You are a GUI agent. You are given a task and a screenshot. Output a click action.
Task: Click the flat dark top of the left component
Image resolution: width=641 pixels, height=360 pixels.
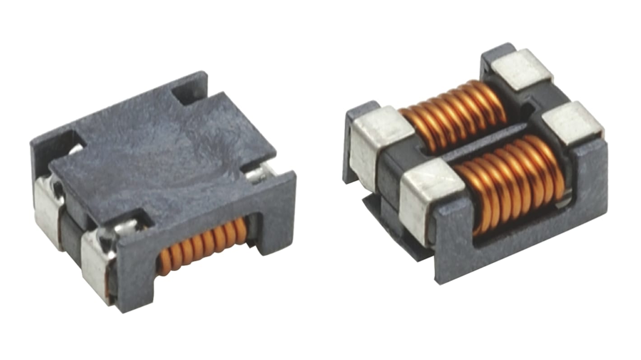[x=158, y=153]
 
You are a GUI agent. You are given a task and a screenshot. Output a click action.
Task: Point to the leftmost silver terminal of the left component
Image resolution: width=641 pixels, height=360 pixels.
[x=47, y=212]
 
